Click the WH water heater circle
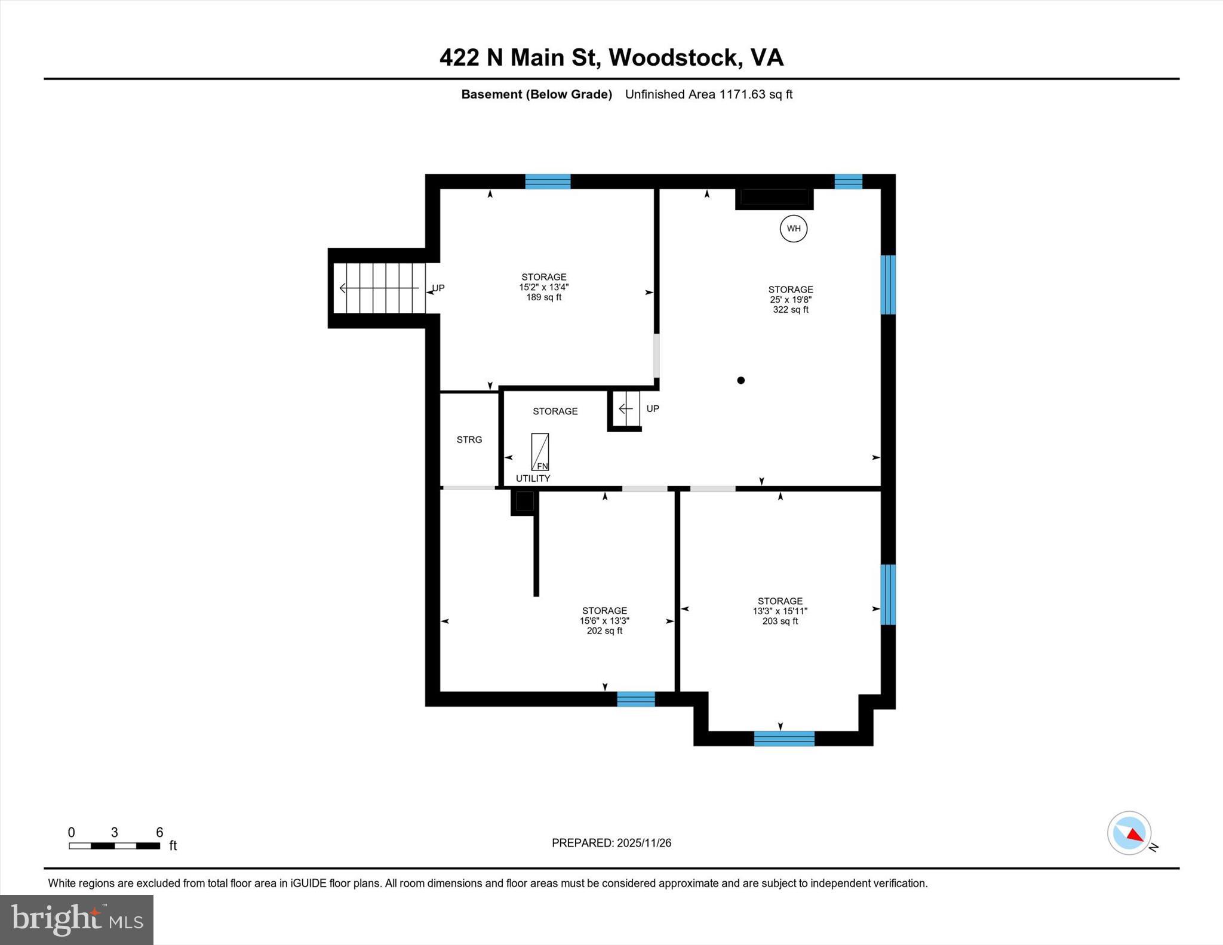coord(793,229)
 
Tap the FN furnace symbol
coord(540,452)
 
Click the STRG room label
coord(469,440)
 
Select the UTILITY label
coord(533,479)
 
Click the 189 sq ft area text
coord(543,297)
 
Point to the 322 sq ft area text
coord(791,310)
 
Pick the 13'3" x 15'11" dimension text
coord(780,611)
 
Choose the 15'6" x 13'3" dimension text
coord(604,621)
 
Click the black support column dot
coord(740,380)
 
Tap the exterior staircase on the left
coord(379,288)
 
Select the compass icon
coord(1129,833)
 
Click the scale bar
coord(114,846)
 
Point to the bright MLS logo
coord(76,919)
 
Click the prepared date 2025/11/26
coord(644,843)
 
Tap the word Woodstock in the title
coord(672,57)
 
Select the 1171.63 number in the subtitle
coord(742,94)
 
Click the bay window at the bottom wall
coord(783,738)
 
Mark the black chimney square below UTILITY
coord(524,501)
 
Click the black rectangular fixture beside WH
coord(774,198)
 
